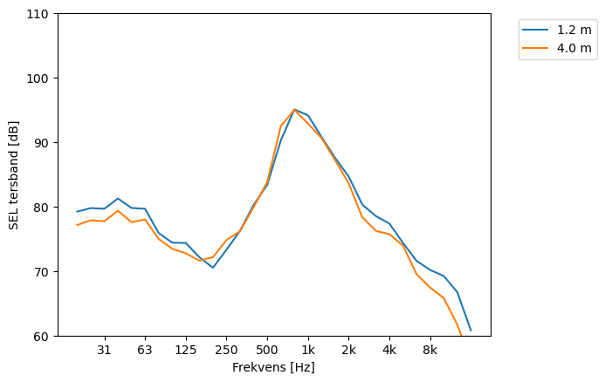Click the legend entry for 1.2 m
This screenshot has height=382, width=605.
click(x=568, y=29)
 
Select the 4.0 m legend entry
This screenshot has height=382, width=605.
click(x=568, y=48)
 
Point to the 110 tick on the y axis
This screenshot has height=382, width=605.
click(x=41, y=14)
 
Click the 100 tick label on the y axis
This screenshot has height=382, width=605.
click(x=41, y=78)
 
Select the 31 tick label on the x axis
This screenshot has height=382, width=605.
click(x=104, y=351)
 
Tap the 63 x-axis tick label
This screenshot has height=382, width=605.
click(x=145, y=351)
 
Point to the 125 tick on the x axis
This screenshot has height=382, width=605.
click(x=185, y=351)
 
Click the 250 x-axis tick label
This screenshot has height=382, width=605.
click(x=226, y=351)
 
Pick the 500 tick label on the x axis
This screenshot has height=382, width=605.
click(x=267, y=351)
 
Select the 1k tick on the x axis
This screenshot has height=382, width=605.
click(x=307, y=351)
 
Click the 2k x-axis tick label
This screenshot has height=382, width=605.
click(x=348, y=351)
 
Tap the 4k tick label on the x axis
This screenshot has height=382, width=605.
click(x=389, y=351)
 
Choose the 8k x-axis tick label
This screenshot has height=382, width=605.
click(x=430, y=351)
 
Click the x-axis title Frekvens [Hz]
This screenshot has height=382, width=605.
click(x=273, y=368)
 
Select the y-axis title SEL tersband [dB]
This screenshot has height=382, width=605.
click(x=14, y=174)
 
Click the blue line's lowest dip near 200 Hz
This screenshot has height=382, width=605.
click(x=213, y=268)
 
